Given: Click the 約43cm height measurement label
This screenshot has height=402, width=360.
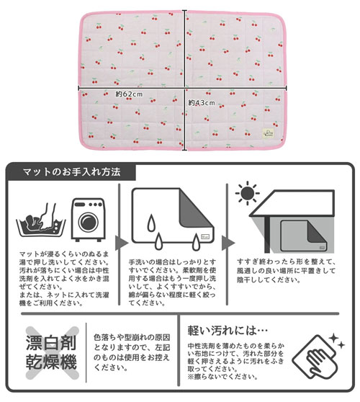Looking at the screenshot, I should [x=202, y=103].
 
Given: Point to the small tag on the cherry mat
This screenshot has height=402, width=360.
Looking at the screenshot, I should [x=271, y=132].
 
